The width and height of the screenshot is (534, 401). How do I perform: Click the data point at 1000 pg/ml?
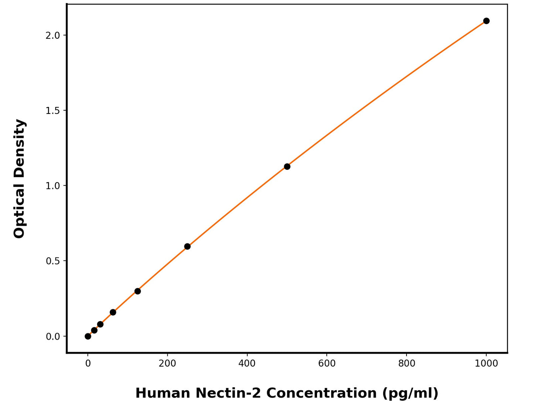click(486, 21)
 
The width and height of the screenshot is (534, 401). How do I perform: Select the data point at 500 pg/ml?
click(287, 166)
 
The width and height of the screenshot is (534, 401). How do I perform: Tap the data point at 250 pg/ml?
click(187, 246)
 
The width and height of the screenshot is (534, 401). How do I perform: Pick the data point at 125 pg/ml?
click(137, 291)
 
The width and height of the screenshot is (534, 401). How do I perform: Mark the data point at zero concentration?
click(88, 336)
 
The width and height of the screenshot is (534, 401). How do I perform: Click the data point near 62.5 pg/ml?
click(113, 312)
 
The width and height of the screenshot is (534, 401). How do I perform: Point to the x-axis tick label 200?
click(167, 364)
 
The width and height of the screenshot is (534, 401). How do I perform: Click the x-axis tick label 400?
click(247, 364)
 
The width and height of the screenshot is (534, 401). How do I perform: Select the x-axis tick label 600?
click(327, 364)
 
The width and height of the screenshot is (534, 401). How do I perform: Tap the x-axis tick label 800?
click(407, 364)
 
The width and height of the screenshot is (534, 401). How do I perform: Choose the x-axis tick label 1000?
click(486, 364)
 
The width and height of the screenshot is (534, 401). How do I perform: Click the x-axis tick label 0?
click(88, 364)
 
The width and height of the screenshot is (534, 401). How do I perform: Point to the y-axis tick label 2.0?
click(52, 36)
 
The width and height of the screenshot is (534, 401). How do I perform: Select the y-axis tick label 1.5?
click(52, 111)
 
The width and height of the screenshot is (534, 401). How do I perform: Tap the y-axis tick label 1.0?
click(52, 186)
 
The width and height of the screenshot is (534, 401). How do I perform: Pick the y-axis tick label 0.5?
click(52, 261)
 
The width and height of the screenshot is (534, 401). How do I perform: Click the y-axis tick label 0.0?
click(52, 337)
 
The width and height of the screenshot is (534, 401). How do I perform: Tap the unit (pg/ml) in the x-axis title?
click(410, 393)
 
